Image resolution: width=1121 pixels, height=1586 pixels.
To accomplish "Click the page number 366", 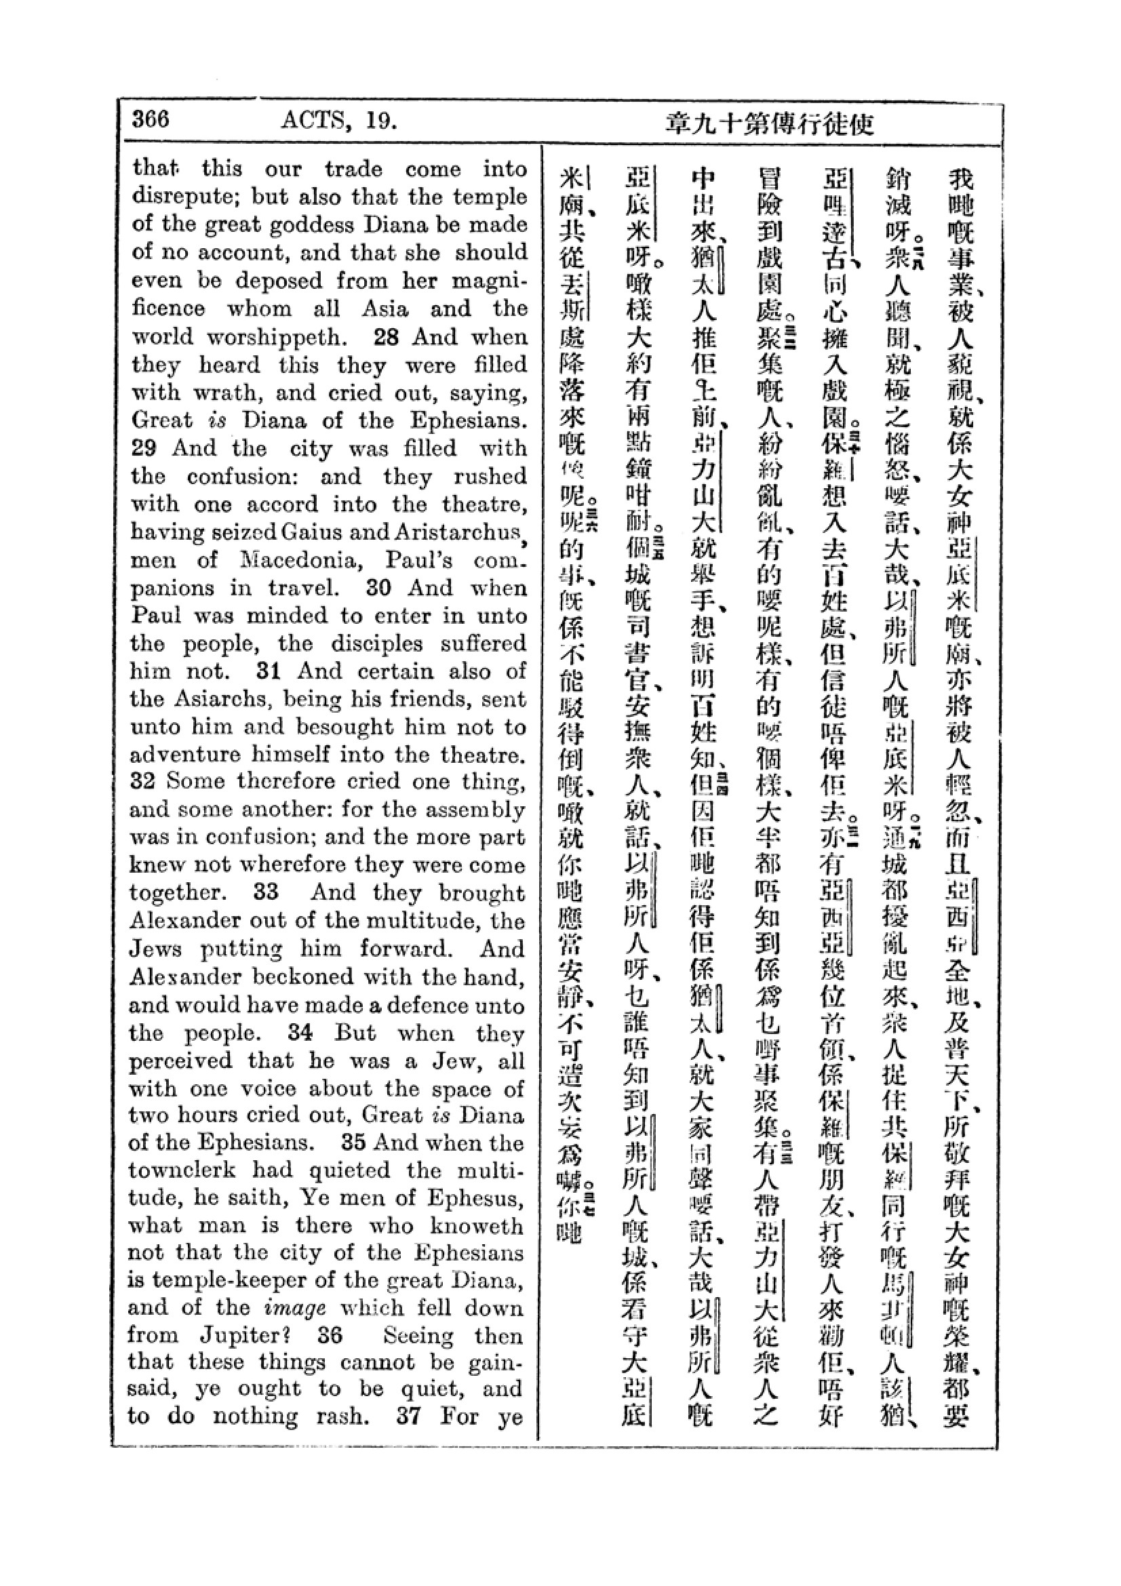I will click(x=150, y=119).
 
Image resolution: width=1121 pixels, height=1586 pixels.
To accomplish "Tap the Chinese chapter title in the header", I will click(x=770, y=124).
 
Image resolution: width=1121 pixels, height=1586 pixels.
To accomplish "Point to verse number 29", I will click(x=144, y=448).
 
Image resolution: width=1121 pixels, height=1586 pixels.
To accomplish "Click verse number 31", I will click(x=267, y=671).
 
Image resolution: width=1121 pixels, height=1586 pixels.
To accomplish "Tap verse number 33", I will click(x=266, y=892).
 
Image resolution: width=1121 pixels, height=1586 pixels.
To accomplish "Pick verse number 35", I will click(x=353, y=1142).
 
